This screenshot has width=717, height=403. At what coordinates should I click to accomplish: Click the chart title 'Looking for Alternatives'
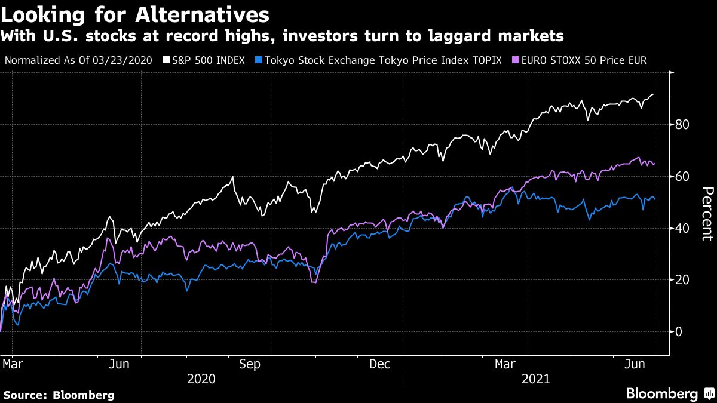(x=135, y=14)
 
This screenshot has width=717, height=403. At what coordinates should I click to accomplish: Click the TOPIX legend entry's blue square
(x=258, y=60)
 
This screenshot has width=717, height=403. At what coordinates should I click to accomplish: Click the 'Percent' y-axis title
(x=707, y=214)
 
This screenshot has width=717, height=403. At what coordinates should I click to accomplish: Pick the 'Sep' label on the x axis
(x=249, y=364)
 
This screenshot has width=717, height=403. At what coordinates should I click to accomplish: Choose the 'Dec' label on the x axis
(x=381, y=364)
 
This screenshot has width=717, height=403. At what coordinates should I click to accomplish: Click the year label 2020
(x=201, y=379)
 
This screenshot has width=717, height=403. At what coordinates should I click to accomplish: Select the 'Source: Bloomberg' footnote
(x=59, y=395)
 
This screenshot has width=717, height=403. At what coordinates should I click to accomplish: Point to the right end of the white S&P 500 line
(x=653, y=94)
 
